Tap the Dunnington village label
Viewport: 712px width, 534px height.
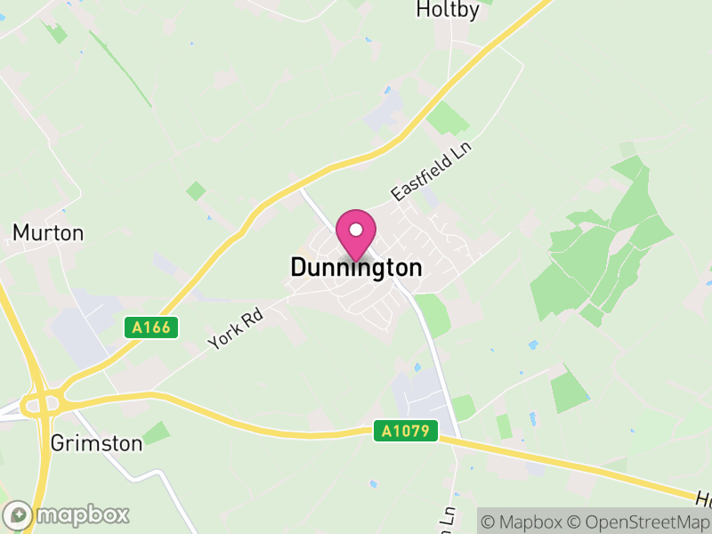pyautogui.click(x=356, y=267)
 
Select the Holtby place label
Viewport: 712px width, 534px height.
pyautogui.click(x=448, y=11)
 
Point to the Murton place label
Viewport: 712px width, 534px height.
pyautogui.click(x=48, y=233)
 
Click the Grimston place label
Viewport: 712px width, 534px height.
pyautogui.click(x=96, y=443)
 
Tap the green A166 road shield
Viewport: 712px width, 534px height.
pyautogui.click(x=151, y=328)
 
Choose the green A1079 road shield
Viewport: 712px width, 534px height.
pyautogui.click(x=406, y=431)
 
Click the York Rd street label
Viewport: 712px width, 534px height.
pyautogui.click(x=236, y=328)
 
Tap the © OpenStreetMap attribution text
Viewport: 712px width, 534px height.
pyautogui.click(x=636, y=522)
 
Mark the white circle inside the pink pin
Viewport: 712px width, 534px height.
pyautogui.click(x=356, y=230)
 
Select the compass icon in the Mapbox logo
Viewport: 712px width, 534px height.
pyautogui.click(x=19, y=514)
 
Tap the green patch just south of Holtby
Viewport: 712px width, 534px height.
pyautogui.click(x=448, y=117)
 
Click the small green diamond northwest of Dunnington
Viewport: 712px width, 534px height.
pyautogui.click(x=196, y=190)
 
